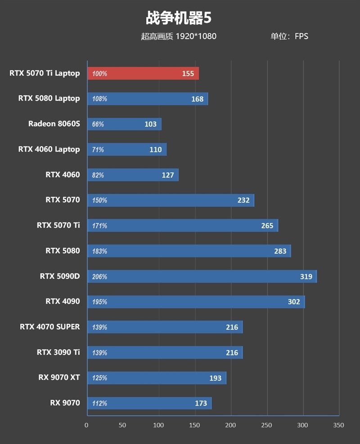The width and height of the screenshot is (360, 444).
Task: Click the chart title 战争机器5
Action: tap(179, 18)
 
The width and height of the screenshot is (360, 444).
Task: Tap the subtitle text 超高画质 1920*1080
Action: tap(179, 36)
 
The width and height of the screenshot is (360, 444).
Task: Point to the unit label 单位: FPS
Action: tap(289, 36)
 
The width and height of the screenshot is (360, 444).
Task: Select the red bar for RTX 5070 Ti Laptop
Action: tap(143, 73)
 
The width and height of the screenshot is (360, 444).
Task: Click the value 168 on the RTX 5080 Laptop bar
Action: tap(197, 99)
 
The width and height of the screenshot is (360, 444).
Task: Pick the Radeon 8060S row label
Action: tap(54, 124)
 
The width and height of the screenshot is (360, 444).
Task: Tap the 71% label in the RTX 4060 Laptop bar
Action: tap(98, 149)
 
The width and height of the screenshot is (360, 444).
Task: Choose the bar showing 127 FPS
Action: tap(133, 175)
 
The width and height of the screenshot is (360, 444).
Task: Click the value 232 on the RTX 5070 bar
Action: tap(243, 200)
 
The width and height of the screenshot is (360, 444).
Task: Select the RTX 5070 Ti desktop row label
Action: tap(58, 225)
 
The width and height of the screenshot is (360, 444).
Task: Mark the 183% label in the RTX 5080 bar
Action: tap(99, 251)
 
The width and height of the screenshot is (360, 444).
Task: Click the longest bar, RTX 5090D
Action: tap(202, 276)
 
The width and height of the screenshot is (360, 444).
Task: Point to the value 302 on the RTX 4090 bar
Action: tap(293, 302)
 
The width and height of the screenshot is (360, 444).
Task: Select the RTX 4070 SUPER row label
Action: tap(50, 327)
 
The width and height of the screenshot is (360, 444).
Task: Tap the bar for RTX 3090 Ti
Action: tap(165, 352)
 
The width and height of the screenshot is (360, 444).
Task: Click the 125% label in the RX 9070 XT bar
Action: tap(99, 378)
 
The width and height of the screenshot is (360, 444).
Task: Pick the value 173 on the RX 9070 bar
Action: tap(201, 404)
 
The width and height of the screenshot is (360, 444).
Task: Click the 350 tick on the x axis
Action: tap(338, 426)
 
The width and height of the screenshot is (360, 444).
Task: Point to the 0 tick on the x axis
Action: tap(87, 426)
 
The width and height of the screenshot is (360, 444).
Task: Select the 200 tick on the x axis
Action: tap(230, 426)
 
